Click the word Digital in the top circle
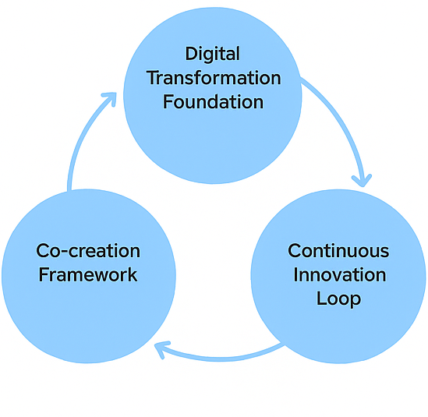(x=213, y=55)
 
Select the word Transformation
(x=214, y=78)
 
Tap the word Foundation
(x=213, y=102)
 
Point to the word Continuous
(x=338, y=251)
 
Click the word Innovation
(x=340, y=274)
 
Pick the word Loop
(x=339, y=299)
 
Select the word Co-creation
(x=88, y=251)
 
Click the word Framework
(x=88, y=274)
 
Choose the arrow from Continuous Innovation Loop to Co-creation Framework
(x=221, y=358)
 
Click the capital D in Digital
(x=192, y=54)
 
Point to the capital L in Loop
(x=321, y=299)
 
